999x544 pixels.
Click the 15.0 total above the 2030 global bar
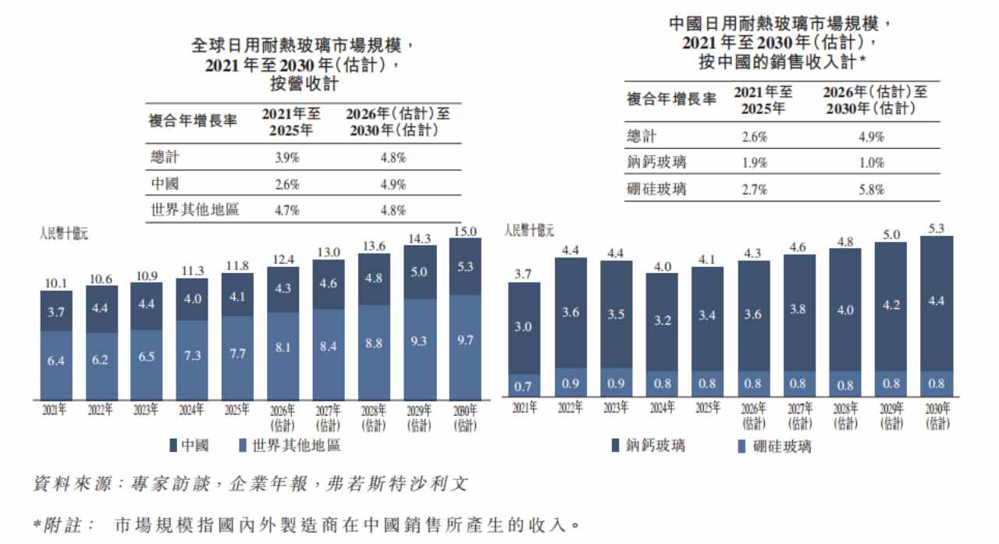point(465,232)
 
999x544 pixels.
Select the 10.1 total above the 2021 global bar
point(56,283)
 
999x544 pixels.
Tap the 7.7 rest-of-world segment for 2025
point(237,354)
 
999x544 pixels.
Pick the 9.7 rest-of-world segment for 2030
point(464,340)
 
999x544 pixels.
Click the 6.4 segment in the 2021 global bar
point(55,361)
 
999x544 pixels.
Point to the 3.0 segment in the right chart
point(523,327)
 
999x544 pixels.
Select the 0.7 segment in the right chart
point(523,386)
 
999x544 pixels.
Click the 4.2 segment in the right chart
point(891,305)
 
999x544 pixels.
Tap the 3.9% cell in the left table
point(286,158)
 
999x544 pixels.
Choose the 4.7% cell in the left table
point(286,210)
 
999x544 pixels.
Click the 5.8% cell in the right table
point(872,190)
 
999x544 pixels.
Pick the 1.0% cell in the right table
point(872,163)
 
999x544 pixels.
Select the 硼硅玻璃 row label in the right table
point(656,189)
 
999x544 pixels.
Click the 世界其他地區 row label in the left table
point(195,209)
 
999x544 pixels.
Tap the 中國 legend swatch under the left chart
point(173,445)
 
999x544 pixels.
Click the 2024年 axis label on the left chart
point(192,409)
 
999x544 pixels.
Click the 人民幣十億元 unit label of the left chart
point(64,233)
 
